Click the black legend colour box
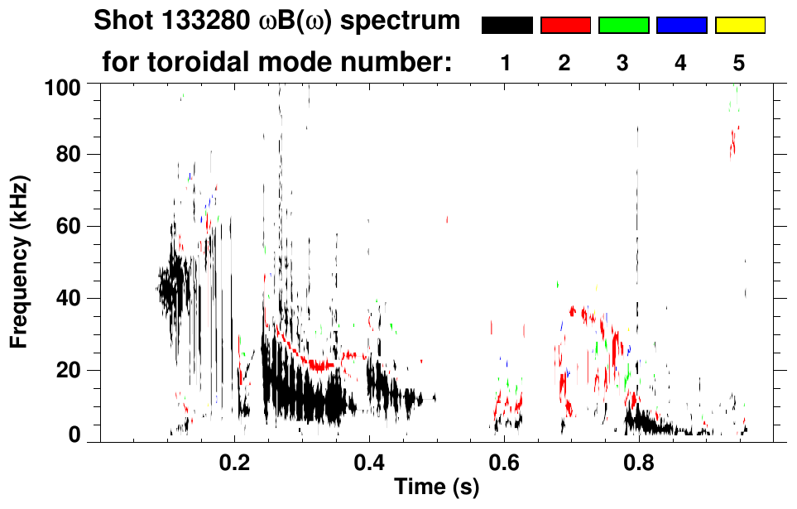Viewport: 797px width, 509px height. (507, 26)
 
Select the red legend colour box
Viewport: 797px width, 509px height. (565, 26)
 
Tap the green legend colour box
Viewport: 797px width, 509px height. (623, 26)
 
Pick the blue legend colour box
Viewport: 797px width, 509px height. (681, 26)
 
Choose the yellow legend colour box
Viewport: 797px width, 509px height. (740, 26)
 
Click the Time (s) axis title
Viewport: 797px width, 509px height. (436, 487)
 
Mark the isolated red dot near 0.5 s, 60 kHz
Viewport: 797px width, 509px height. (447, 219)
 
